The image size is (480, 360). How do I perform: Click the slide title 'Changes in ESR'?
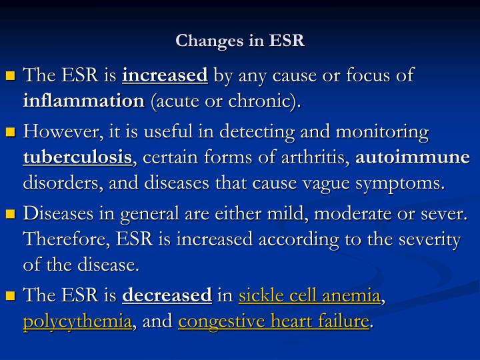240,41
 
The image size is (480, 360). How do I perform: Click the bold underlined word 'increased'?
165,76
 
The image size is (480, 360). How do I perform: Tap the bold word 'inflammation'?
84,101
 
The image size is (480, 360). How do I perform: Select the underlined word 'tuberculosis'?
77,158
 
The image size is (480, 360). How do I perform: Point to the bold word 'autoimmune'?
413,158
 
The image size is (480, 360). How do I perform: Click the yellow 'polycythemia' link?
77,321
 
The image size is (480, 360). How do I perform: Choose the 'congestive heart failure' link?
274,321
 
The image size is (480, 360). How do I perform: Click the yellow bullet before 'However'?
11,133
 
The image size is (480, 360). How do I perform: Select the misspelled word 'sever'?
448,215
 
